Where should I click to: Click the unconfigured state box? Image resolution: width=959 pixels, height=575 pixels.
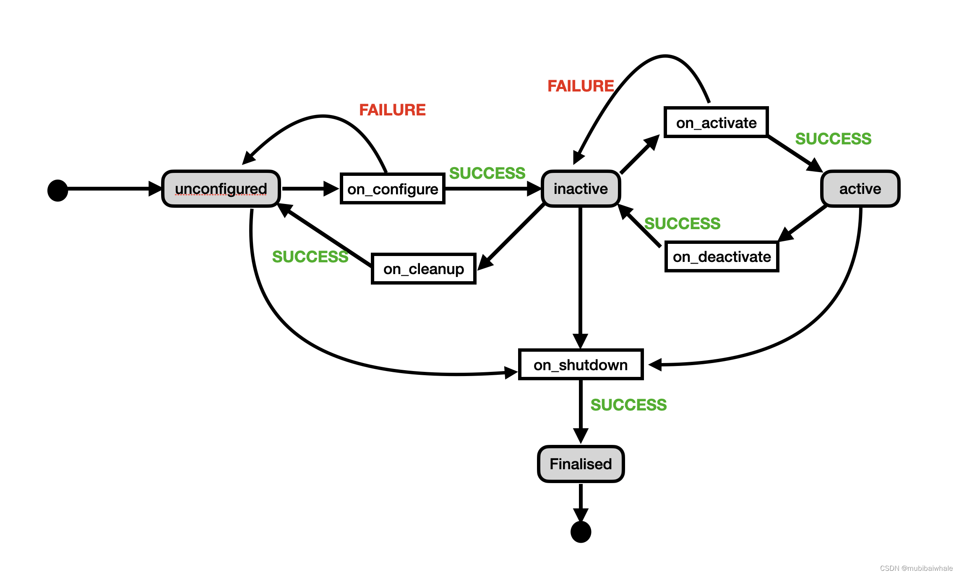[x=221, y=189]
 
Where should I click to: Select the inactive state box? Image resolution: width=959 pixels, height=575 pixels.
[x=581, y=189]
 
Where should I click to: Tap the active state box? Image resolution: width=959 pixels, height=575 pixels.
[x=860, y=189]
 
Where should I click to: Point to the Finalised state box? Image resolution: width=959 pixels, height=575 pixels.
[x=581, y=464]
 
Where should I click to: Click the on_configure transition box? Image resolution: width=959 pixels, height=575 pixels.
[x=393, y=189]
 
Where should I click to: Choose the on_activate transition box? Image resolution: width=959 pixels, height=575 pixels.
[x=716, y=123]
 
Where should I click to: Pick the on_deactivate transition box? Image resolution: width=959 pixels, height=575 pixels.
[x=722, y=256]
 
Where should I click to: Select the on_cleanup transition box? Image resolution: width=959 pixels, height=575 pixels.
[x=424, y=269]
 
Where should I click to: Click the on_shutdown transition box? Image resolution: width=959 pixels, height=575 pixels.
[x=581, y=365]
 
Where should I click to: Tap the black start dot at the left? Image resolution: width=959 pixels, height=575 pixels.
[x=58, y=191]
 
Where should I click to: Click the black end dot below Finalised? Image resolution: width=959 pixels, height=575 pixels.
[x=581, y=532]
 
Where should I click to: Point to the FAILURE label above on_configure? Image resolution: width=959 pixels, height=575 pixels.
[x=392, y=110]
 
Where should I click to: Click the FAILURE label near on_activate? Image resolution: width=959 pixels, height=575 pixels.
[x=581, y=86]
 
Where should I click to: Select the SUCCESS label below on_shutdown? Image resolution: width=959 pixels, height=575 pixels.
[x=628, y=405]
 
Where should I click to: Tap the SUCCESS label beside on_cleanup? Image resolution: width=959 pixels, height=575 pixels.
[x=310, y=257]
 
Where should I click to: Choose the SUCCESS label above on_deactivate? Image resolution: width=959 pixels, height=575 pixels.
[x=682, y=224]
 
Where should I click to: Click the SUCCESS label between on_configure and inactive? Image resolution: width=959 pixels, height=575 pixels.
[x=487, y=173]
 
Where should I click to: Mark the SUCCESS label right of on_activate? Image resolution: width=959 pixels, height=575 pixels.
[x=833, y=139]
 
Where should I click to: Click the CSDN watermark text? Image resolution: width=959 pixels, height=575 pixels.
[x=916, y=568]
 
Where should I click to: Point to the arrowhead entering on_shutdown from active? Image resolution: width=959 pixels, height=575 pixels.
[x=655, y=364]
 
